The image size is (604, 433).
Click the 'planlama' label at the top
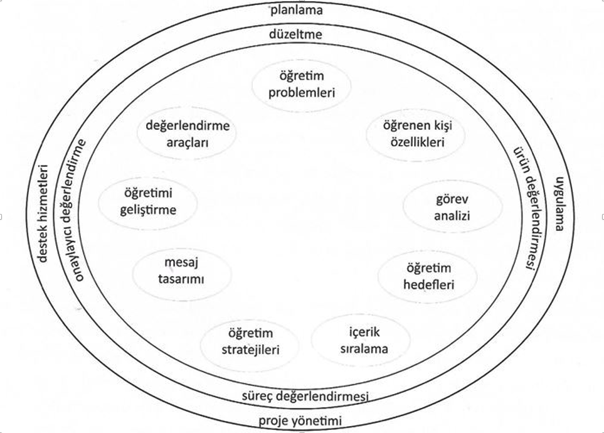click(x=297, y=11)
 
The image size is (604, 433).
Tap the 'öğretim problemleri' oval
click(x=302, y=84)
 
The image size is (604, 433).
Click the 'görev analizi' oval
click(x=452, y=208)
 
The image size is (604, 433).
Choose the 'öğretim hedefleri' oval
click(x=427, y=276)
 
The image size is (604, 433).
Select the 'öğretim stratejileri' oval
click(x=249, y=341)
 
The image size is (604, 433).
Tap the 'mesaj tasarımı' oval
click(x=181, y=270)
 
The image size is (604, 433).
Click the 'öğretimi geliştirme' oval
click(x=147, y=201)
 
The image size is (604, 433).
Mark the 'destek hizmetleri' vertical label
click(x=43, y=213)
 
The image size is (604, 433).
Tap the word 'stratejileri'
click(x=249, y=349)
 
